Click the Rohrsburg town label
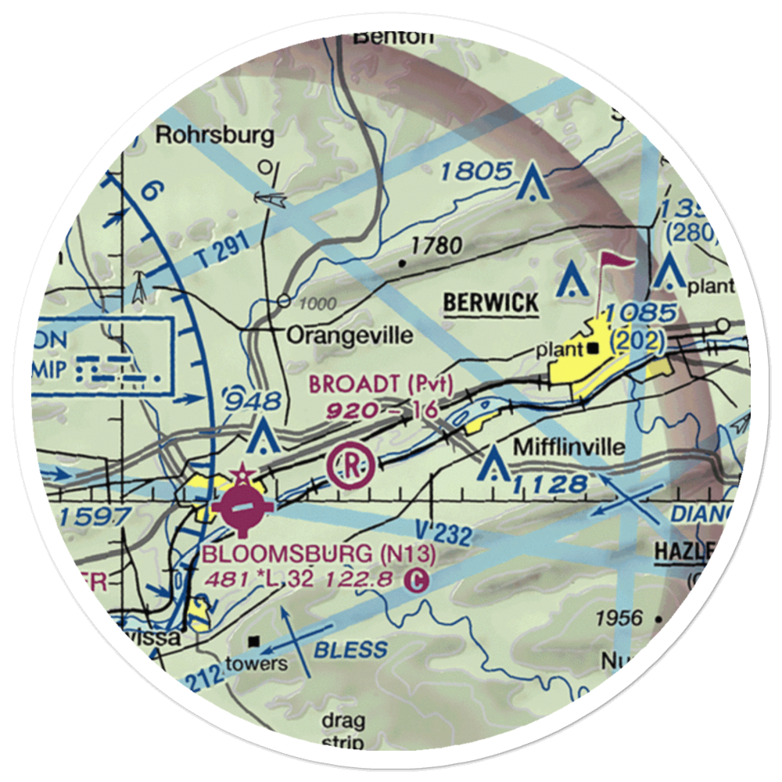pos(215,135)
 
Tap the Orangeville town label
pos(350,335)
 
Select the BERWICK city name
pos(490,302)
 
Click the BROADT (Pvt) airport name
pos(381,384)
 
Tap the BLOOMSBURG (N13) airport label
pos(318,554)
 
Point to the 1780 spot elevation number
pos(436,246)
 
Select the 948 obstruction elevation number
pos(252,401)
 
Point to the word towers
pos(256,665)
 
